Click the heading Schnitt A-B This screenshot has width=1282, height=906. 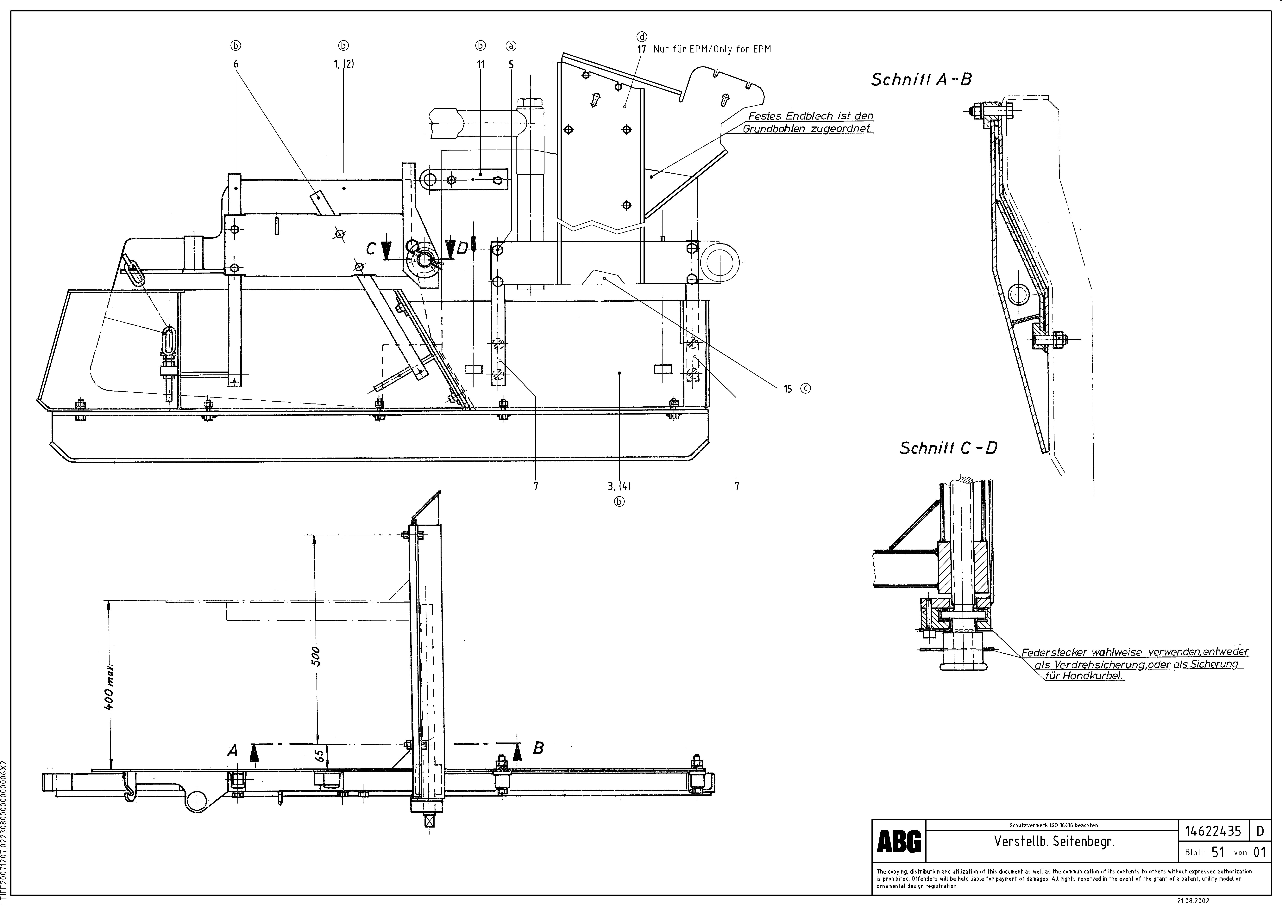[x=921, y=80]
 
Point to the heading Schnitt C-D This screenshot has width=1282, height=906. [x=948, y=448]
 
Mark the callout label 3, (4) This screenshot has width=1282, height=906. [x=619, y=486]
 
